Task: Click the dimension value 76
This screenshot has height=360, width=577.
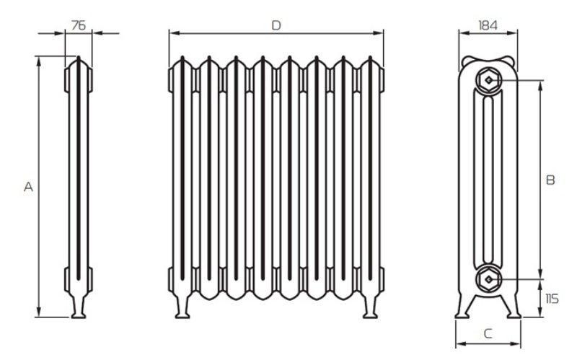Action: coord(79,25)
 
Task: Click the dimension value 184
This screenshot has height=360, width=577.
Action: coord(488,25)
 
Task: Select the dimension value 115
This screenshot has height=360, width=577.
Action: coord(552,299)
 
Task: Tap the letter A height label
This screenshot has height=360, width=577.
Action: coord(28,187)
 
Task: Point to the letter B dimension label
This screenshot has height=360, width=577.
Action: coord(550,180)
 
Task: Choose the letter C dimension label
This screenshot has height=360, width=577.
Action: coord(488,333)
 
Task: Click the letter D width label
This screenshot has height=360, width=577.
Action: coord(276,25)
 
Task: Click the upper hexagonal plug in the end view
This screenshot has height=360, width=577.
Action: coord(488,80)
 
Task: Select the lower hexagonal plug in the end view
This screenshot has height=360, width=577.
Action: coord(488,280)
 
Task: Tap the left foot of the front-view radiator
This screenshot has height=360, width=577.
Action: coord(182,307)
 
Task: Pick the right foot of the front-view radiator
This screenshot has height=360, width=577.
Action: coord(370,307)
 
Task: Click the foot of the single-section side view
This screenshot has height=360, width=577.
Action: coord(79,307)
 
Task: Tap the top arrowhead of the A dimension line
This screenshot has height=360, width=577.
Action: coord(39,61)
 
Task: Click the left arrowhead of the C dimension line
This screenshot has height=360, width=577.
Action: coord(461,344)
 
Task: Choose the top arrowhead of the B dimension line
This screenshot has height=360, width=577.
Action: coord(539,86)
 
